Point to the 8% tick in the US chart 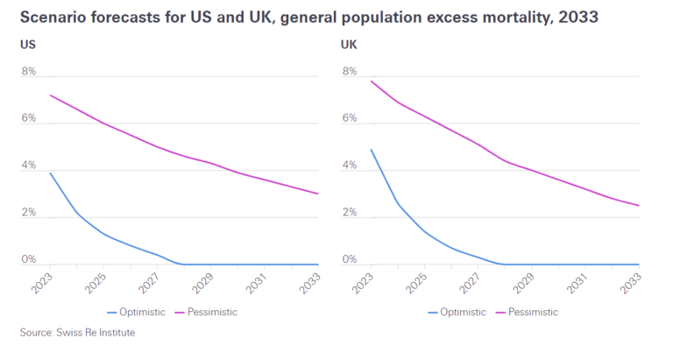28,72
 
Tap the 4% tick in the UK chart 349,166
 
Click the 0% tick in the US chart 28,259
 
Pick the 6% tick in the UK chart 349,118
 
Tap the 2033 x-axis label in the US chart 312,282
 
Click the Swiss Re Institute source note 78,333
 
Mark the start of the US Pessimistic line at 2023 51,95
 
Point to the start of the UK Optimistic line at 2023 372,150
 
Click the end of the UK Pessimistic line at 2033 639,206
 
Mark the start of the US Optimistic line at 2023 51,173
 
